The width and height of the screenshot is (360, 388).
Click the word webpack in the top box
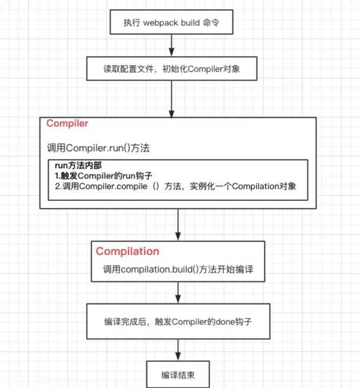point(160,23)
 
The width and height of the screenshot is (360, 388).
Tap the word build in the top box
point(190,23)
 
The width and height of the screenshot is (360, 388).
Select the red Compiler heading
point(67,123)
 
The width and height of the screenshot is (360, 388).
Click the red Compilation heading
point(127,252)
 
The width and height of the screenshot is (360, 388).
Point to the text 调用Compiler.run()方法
point(98,148)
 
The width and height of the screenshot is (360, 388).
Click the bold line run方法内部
point(78,166)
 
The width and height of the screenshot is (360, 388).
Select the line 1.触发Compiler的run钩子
point(104,176)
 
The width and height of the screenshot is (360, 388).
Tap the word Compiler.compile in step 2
point(113,187)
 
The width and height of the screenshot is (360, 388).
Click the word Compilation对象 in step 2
point(264,187)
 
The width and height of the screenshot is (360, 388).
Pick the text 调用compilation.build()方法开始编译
point(178,269)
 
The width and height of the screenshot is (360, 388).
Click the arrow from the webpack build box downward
point(172,45)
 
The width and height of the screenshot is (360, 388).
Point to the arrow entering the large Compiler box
point(172,99)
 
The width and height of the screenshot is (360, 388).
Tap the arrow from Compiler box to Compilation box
point(178,225)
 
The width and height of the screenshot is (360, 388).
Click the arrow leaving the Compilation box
point(178,293)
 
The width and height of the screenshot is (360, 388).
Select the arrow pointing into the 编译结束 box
point(178,350)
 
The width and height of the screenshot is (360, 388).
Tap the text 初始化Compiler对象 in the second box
point(201,68)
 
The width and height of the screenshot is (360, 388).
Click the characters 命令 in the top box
point(211,23)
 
